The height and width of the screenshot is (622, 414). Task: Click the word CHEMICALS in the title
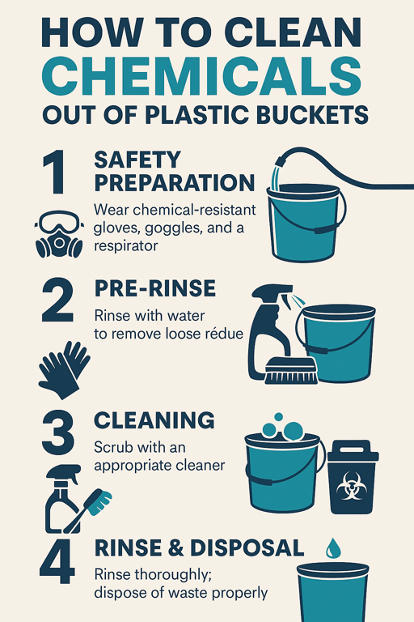point(201,75)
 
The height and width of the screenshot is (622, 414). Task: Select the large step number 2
point(58,300)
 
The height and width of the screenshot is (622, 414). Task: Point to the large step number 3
point(58,432)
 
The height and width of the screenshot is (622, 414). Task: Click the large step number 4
point(57,560)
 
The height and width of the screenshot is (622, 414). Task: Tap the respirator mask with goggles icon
point(59,234)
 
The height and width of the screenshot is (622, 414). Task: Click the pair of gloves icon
point(64,369)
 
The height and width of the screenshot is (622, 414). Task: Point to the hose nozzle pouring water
point(283,161)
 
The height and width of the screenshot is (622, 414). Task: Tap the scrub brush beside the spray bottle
point(291,370)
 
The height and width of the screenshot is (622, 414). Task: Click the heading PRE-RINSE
point(155,288)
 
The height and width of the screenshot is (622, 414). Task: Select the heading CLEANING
point(154,420)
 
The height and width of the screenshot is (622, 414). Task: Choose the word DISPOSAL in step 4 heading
point(247,547)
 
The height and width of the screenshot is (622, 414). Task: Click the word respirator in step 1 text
point(125,246)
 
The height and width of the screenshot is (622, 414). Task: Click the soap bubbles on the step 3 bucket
point(282,428)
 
